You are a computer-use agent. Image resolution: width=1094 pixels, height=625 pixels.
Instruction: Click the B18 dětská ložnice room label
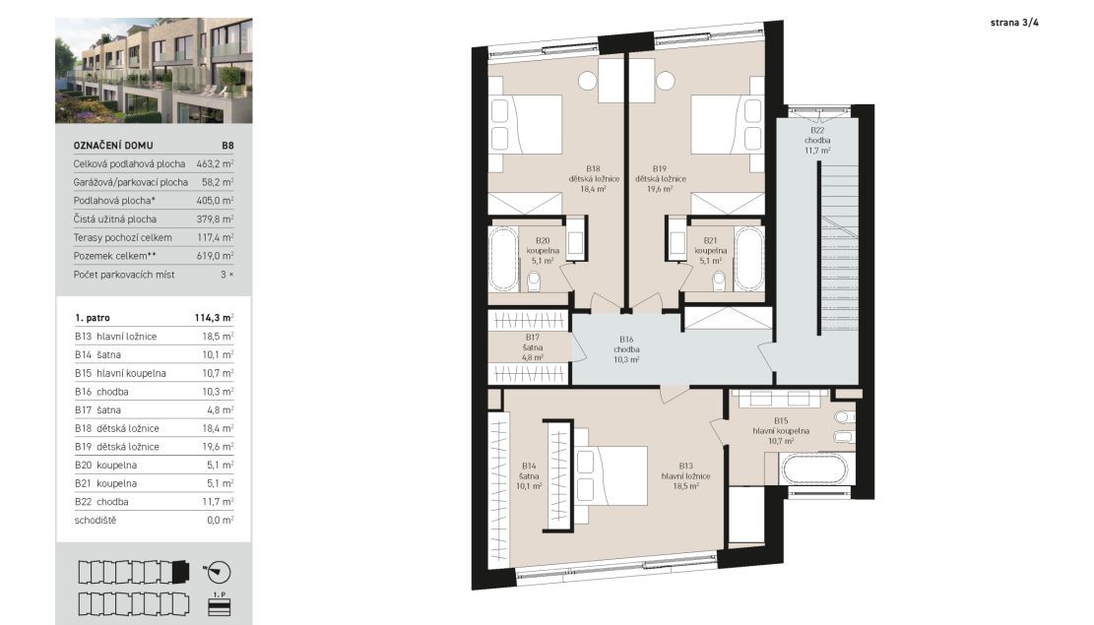click(593, 178)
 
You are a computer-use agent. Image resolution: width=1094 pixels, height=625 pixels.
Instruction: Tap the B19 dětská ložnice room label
click(660, 178)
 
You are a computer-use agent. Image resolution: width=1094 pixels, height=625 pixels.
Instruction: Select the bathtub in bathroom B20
click(503, 259)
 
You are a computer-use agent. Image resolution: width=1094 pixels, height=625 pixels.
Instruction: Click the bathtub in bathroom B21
click(748, 259)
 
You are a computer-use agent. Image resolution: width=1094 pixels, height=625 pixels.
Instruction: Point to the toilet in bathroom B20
click(534, 281)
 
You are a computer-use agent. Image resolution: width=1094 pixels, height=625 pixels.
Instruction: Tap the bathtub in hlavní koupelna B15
click(814, 469)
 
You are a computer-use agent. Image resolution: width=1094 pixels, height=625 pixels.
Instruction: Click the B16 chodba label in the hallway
click(626, 349)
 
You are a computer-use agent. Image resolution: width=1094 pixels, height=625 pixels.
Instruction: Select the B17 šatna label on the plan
click(533, 347)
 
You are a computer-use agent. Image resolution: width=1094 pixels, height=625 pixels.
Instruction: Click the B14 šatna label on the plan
click(529, 475)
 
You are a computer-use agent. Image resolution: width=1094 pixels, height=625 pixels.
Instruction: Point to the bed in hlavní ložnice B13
click(611, 475)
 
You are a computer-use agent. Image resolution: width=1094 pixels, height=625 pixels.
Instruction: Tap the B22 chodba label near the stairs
click(817, 140)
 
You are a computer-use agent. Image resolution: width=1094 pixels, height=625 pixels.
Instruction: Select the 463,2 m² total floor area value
click(215, 164)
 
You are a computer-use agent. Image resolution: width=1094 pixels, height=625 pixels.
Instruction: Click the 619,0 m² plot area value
click(215, 256)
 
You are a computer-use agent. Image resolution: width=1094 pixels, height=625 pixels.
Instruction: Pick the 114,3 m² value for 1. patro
click(215, 317)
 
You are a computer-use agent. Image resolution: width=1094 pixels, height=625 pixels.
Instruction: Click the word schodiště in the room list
click(96, 521)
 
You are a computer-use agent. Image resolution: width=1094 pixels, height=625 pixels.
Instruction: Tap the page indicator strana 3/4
click(1014, 23)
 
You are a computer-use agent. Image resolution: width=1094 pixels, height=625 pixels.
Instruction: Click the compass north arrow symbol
click(218, 572)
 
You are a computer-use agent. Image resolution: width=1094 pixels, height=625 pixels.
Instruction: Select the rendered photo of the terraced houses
click(154, 71)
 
